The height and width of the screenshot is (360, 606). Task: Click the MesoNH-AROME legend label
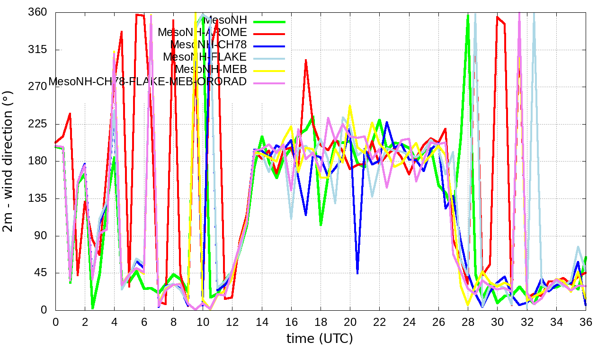(x=202, y=32)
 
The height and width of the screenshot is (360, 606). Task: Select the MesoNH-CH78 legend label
(x=208, y=45)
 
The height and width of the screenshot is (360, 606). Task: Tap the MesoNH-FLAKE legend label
(x=205, y=57)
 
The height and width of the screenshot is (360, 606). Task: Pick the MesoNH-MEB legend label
(x=211, y=69)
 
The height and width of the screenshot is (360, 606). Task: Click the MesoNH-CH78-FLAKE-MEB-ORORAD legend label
(x=148, y=81)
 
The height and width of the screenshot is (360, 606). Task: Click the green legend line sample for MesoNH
(x=269, y=21)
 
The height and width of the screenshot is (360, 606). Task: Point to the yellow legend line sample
(x=269, y=71)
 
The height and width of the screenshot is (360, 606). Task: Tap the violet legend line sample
(x=269, y=83)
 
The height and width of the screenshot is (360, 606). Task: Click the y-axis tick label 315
(x=39, y=50)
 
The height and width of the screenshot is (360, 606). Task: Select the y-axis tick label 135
(x=39, y=198)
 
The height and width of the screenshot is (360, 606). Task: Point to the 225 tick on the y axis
(x=39, y=124)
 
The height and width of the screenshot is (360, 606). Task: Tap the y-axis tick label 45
(x=42, y=273)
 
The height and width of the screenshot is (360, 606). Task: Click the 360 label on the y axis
(x=39, y=12)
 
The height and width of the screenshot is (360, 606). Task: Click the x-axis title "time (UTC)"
(x=320, y=339)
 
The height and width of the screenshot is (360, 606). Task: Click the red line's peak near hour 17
(x=306, y=60)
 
